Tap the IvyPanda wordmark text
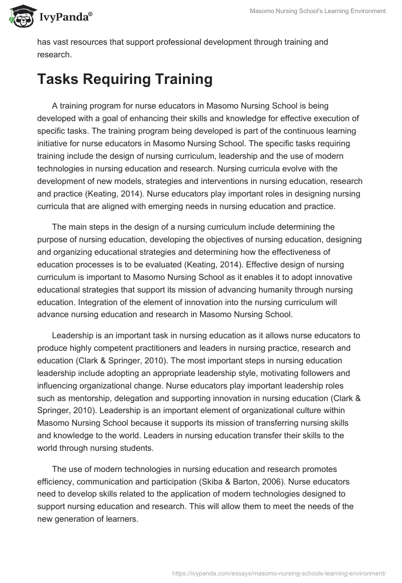[x=64, y=17]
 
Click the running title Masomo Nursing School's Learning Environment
[x=318, y=11]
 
